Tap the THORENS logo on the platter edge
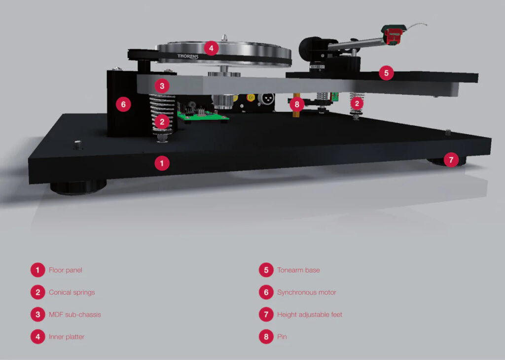pyautogui.click(x=188, y=56)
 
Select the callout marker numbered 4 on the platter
pyautogui.click(x=211, y=48)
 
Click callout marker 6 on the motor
pyautogui.click(x=123, y=105)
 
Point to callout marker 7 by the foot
pyautogui.click(x=451, y=160)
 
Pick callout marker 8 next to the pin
pyautogui.click(x=296, y=105)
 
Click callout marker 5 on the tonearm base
pyautogui.click(x=386, y=73)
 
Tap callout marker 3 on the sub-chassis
pyautogui.click(x=162, y=86)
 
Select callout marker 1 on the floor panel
pyautogui.click(x=162, y=163)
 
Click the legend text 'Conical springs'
pyautogui.click(x=72, y=292)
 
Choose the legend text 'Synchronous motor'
pyautogui.click(x=307, y=292)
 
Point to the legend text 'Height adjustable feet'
pyautogui.click(x=310, y=315)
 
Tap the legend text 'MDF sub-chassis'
pyautogui.click(x=75, y=315)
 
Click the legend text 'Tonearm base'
pyautogui.click(x=298, y=270)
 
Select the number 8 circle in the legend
pyautogui.click(x=266, y=337)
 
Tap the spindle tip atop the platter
pyautogui.click(x=224, y=37)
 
